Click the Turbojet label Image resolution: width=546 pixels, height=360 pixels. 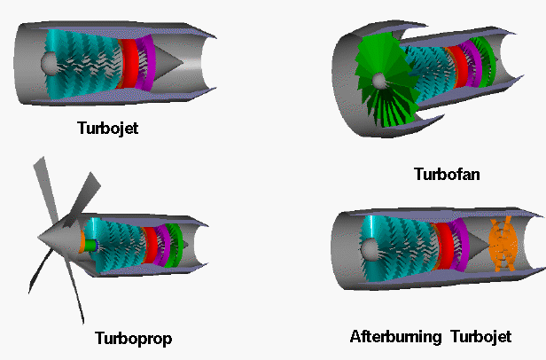click(106, 128)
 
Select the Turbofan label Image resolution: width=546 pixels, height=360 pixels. click(447, 174)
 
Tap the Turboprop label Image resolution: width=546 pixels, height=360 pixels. click(133, 338)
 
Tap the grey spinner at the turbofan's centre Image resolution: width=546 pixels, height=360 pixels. click(379, 82)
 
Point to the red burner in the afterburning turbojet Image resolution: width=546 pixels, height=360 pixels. click(441, 246)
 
